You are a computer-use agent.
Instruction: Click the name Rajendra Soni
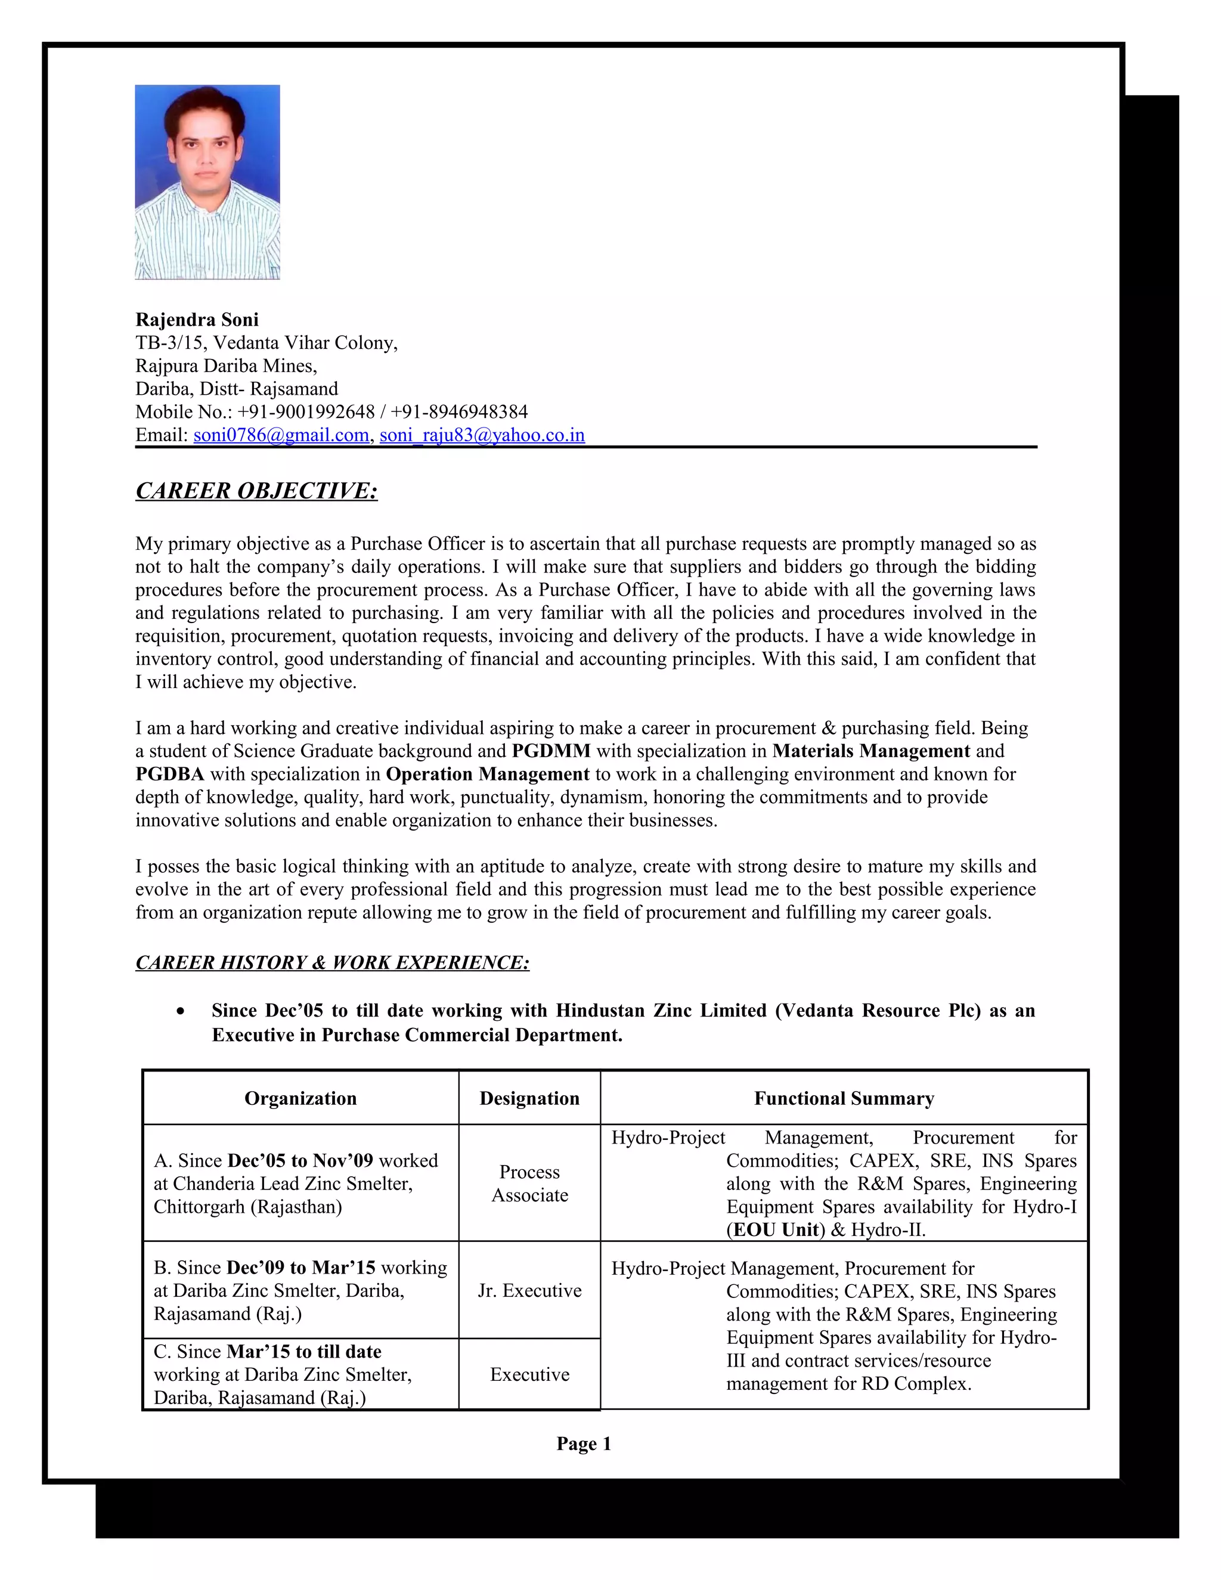pos(197,320)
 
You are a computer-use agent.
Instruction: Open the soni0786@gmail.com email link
pos(281,435)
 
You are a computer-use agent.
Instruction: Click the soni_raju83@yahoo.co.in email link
pos(482,435)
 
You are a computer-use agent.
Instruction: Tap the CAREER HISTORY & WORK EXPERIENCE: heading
pos(332,962)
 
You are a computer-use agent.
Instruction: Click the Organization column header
pos(300,1098)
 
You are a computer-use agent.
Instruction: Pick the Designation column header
pos(529,1098)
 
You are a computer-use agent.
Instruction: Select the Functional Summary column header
pos(844,1098)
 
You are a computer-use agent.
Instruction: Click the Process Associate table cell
pos(529,1184)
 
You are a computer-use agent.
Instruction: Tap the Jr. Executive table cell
pos(529,1291)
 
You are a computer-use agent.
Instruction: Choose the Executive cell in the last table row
pos(529,1374)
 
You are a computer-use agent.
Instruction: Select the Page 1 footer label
pos(584,1444)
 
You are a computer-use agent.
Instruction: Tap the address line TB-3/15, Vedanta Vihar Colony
pos(266,343)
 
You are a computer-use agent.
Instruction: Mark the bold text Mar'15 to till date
pos(304,1352)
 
